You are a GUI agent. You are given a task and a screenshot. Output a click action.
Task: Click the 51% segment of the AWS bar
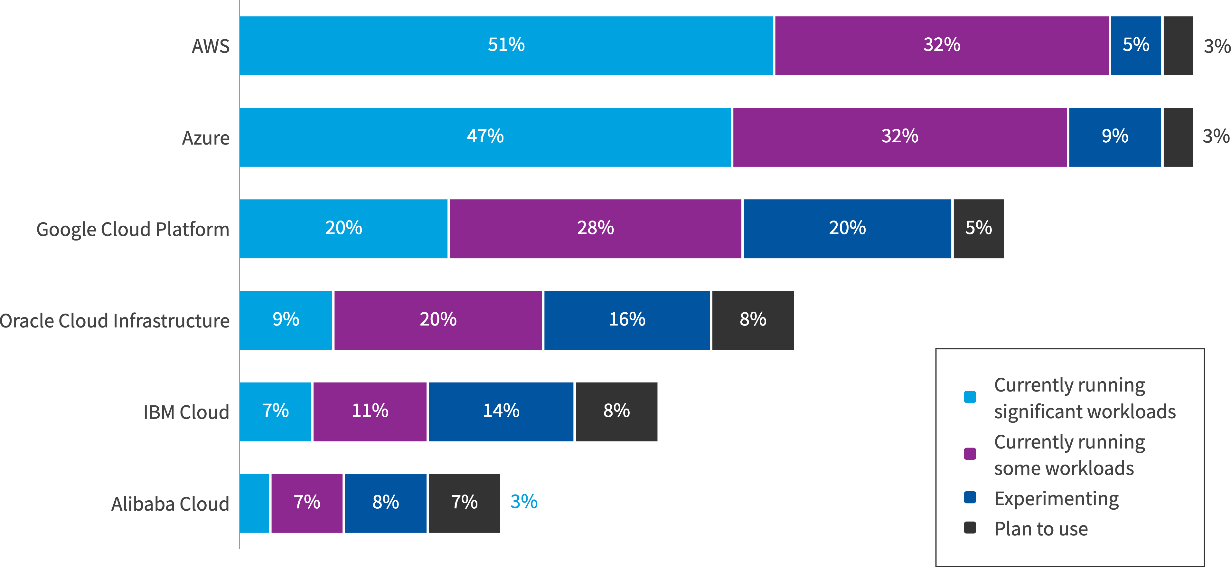506,45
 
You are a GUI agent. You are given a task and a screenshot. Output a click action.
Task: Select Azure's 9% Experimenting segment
1114,137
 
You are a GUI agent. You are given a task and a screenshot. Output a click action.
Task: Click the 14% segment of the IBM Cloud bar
501,411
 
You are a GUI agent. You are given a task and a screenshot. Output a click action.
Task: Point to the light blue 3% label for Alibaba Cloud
524,502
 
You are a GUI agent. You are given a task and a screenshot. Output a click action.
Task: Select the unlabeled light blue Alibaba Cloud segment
254,503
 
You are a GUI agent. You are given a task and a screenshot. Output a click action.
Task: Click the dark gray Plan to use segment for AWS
1178,45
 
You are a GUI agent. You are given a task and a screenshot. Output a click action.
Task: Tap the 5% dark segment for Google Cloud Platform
978,229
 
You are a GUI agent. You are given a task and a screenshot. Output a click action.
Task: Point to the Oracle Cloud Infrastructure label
115,321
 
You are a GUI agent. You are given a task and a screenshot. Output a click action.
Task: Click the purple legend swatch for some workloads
970,454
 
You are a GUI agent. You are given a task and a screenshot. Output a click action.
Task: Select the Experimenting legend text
1056,499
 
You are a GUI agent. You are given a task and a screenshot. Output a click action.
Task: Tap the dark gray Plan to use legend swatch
970,527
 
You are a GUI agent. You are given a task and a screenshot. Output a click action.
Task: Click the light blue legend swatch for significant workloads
970,397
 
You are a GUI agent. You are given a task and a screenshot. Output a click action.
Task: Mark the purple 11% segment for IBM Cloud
369,411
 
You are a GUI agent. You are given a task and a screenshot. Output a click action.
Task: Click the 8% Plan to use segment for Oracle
753,320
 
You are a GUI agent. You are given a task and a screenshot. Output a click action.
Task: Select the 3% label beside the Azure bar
1215,136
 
